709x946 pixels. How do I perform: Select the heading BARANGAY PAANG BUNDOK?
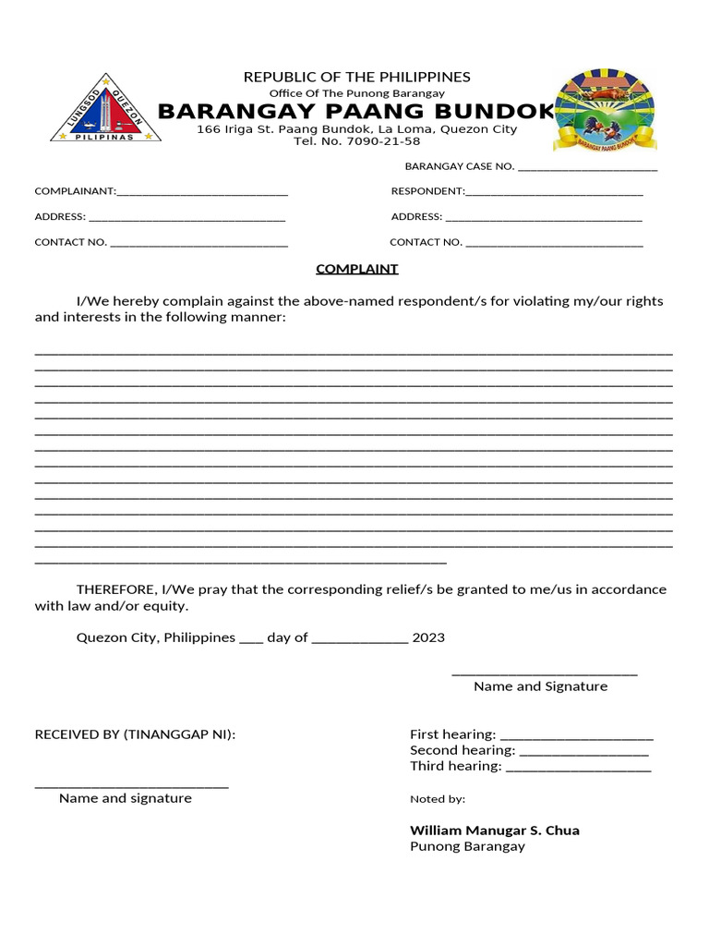click(356, 112)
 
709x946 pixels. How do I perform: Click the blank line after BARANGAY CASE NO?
click(588, 167)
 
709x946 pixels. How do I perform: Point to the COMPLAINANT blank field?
click(202, 192)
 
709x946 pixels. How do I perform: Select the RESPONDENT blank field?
click(554, 192)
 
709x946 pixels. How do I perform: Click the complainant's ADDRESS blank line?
click(186, 218)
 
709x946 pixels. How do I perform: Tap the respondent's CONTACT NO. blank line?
click(554, 243)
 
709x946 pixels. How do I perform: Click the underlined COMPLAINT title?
click(356, 269)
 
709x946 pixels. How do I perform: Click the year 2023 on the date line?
click(428, 637)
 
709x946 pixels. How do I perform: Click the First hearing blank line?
click(576, 735)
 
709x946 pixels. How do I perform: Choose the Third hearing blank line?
click(579, 767)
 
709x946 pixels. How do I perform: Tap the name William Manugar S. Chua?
click(494, 830)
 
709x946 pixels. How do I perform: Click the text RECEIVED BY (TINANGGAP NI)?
click(135, 734)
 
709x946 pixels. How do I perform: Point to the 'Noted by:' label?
click(438, 799)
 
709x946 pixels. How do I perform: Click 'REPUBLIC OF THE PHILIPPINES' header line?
click(356, 77)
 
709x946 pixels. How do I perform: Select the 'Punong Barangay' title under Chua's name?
click(467, 846)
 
